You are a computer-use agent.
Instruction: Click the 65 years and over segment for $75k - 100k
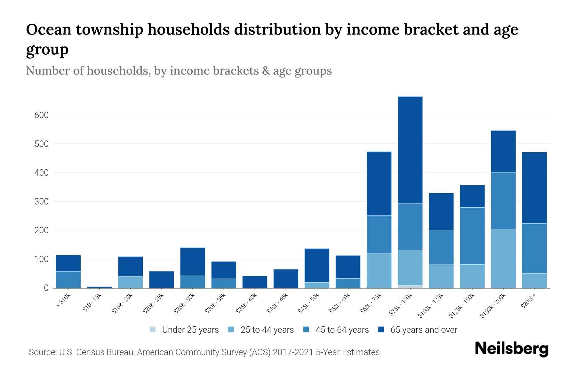tap(410, 150)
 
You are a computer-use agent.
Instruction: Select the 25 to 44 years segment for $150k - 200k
tap(503, 258)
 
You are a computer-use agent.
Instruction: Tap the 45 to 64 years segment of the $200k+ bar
tap(534, 248)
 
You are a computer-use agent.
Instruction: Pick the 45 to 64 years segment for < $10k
tap(68, 279)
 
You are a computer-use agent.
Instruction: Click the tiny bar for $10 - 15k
tap(99, 287)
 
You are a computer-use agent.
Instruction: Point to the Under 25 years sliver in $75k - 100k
tap(410, 286)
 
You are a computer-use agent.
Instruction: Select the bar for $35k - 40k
tap(255, 282)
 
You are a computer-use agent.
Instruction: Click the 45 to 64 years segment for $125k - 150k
tap(472, 236)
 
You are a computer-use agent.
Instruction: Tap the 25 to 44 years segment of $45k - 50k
tap(317, 285)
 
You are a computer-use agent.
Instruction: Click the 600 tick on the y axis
tap(41, 115)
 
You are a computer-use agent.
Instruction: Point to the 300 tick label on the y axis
tap(41, 202)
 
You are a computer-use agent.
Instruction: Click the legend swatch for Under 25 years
tap(153, 330)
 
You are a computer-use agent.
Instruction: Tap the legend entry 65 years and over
tap(423, 330)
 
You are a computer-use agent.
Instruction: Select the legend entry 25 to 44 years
tap(267, 330)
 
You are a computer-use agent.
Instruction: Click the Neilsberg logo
tap(511, 349)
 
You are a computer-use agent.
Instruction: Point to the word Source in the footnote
tap(42, 352)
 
